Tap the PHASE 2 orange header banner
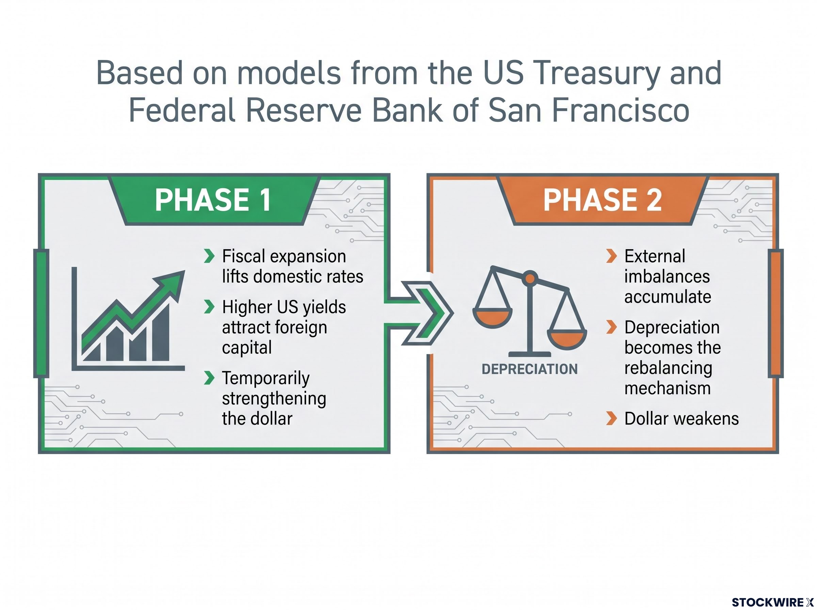pyautogui.click(x=603, y=200)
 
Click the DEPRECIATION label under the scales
pyautogui.click(x=529, y=369)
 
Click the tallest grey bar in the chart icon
pyautogui.click(x=161, y=332)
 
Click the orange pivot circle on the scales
pyautogui.click(x=530, y=278)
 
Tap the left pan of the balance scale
pyautogui.click(x=493, y=319)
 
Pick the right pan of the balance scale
pyautogui.click(x=567, y=340)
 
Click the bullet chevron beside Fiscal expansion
pyautogui.click(x=209, y=256)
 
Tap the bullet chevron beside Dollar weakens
pyautogui.click(x=611, y=418)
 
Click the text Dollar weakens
pyautogui.click(x=682, y=419)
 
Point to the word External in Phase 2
pyautogui.click(x=655, y=256)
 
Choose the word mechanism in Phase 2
pyautogui.click(x=668, y=388)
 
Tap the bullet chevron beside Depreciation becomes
pyautogui.click(x=611, y=327)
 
